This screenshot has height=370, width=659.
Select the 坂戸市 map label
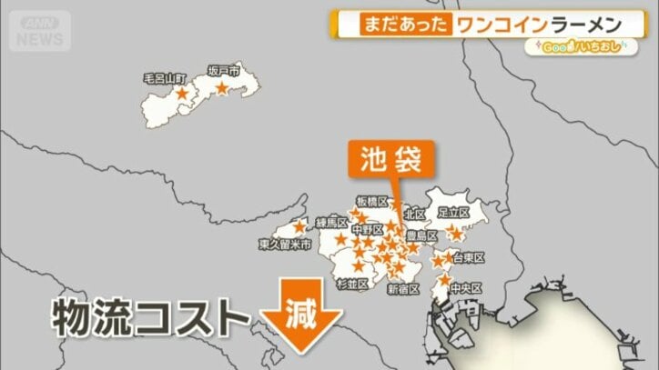tap(223, 70)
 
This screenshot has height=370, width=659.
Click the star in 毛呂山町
tap(182, 94)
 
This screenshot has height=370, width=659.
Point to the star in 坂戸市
tap(224, 88)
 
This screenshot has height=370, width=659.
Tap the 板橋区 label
tap(372, 201)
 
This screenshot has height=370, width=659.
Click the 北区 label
tap(414, 215)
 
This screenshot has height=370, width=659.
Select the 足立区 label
tap(452, 212)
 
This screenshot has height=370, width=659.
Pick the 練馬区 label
tap(331, 223)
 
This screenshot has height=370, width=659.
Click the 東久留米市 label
tap(286, 245)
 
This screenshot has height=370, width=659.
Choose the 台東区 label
tap(467, 257)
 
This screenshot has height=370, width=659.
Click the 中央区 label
tap(464, 288)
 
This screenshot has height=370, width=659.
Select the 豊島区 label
tap(421, 235)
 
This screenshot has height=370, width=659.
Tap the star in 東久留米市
tap(299, 226)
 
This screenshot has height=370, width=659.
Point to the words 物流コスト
tap(149, 318)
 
